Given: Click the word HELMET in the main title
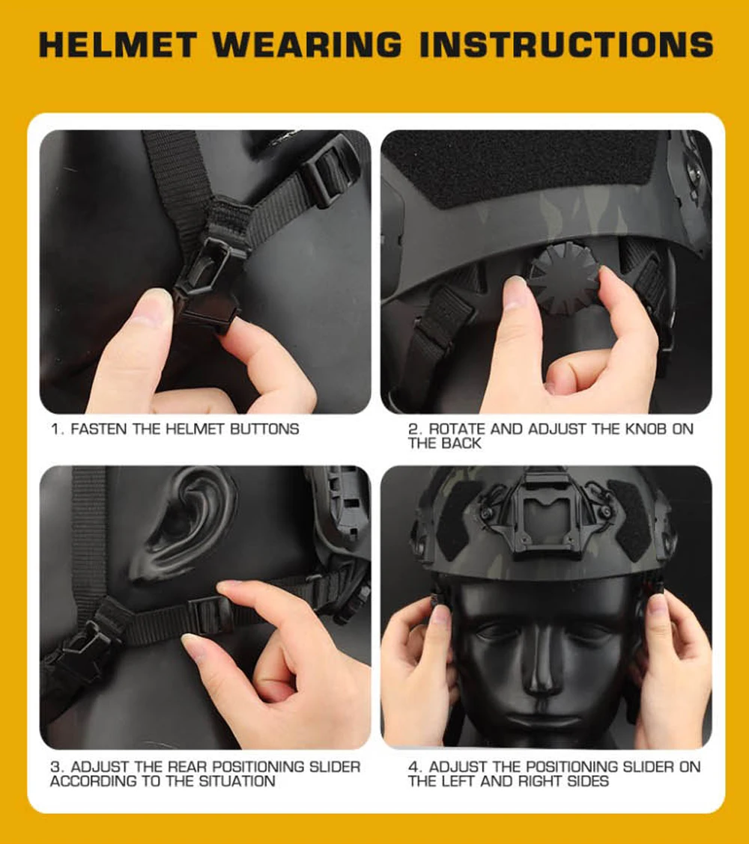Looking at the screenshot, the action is [117, 45].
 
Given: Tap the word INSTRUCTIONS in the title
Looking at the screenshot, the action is [566, 45].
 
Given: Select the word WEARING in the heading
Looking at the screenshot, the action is [307, 45].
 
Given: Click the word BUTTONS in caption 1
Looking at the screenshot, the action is [264, 429].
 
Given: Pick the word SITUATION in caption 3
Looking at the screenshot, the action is [237, 780].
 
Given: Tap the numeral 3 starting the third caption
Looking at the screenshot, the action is [55, 766].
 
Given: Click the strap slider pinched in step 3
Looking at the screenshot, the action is [207, 613].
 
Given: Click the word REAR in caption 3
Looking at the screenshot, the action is [185, 766].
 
